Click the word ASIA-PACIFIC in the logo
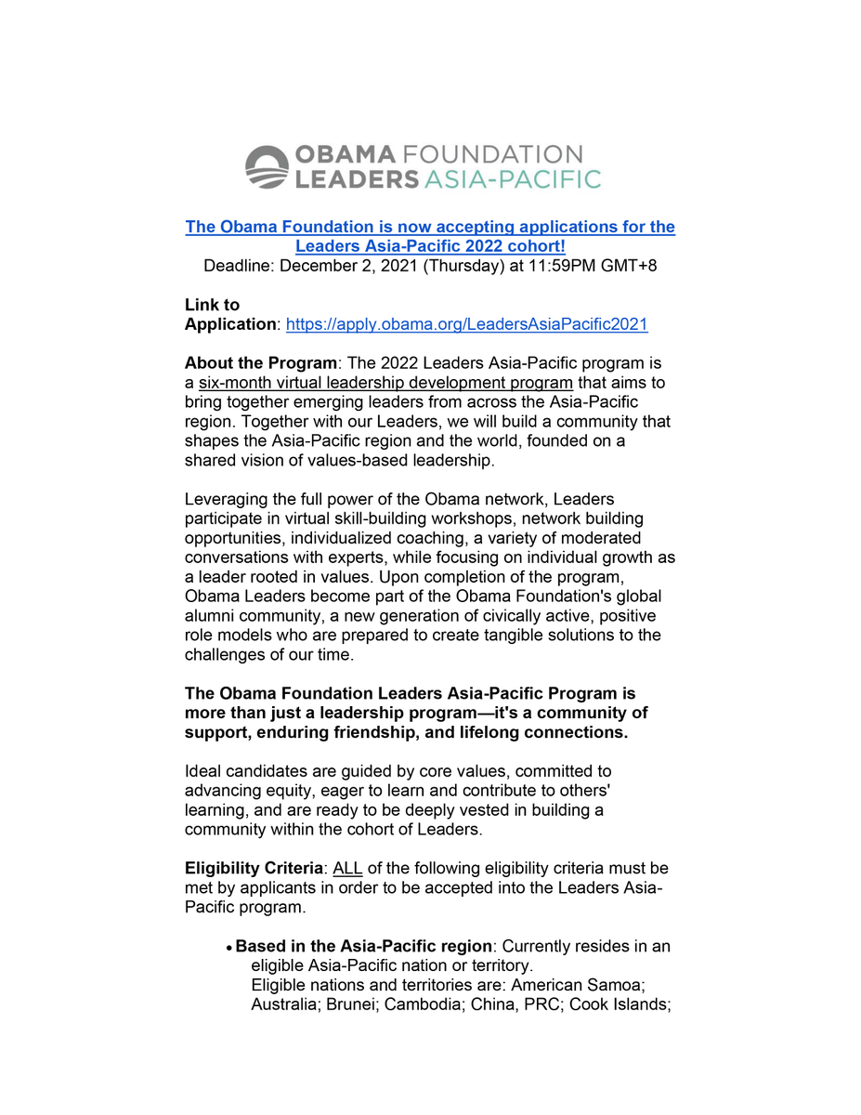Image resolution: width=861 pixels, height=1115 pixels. (512, 178)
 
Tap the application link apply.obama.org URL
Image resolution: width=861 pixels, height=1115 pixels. (466, 324)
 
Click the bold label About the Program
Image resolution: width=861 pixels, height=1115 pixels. (260, 363)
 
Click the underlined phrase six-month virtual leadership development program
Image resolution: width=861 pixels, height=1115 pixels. (385, 383)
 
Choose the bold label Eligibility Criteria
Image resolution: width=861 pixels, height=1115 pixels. (253, 869)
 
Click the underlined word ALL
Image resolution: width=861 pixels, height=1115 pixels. (347, 869)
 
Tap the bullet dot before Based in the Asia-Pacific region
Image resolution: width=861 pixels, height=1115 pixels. (228, 948)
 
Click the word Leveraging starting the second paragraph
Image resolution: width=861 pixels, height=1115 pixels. (228, 500)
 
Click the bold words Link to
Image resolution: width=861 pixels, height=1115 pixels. (212, 305)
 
